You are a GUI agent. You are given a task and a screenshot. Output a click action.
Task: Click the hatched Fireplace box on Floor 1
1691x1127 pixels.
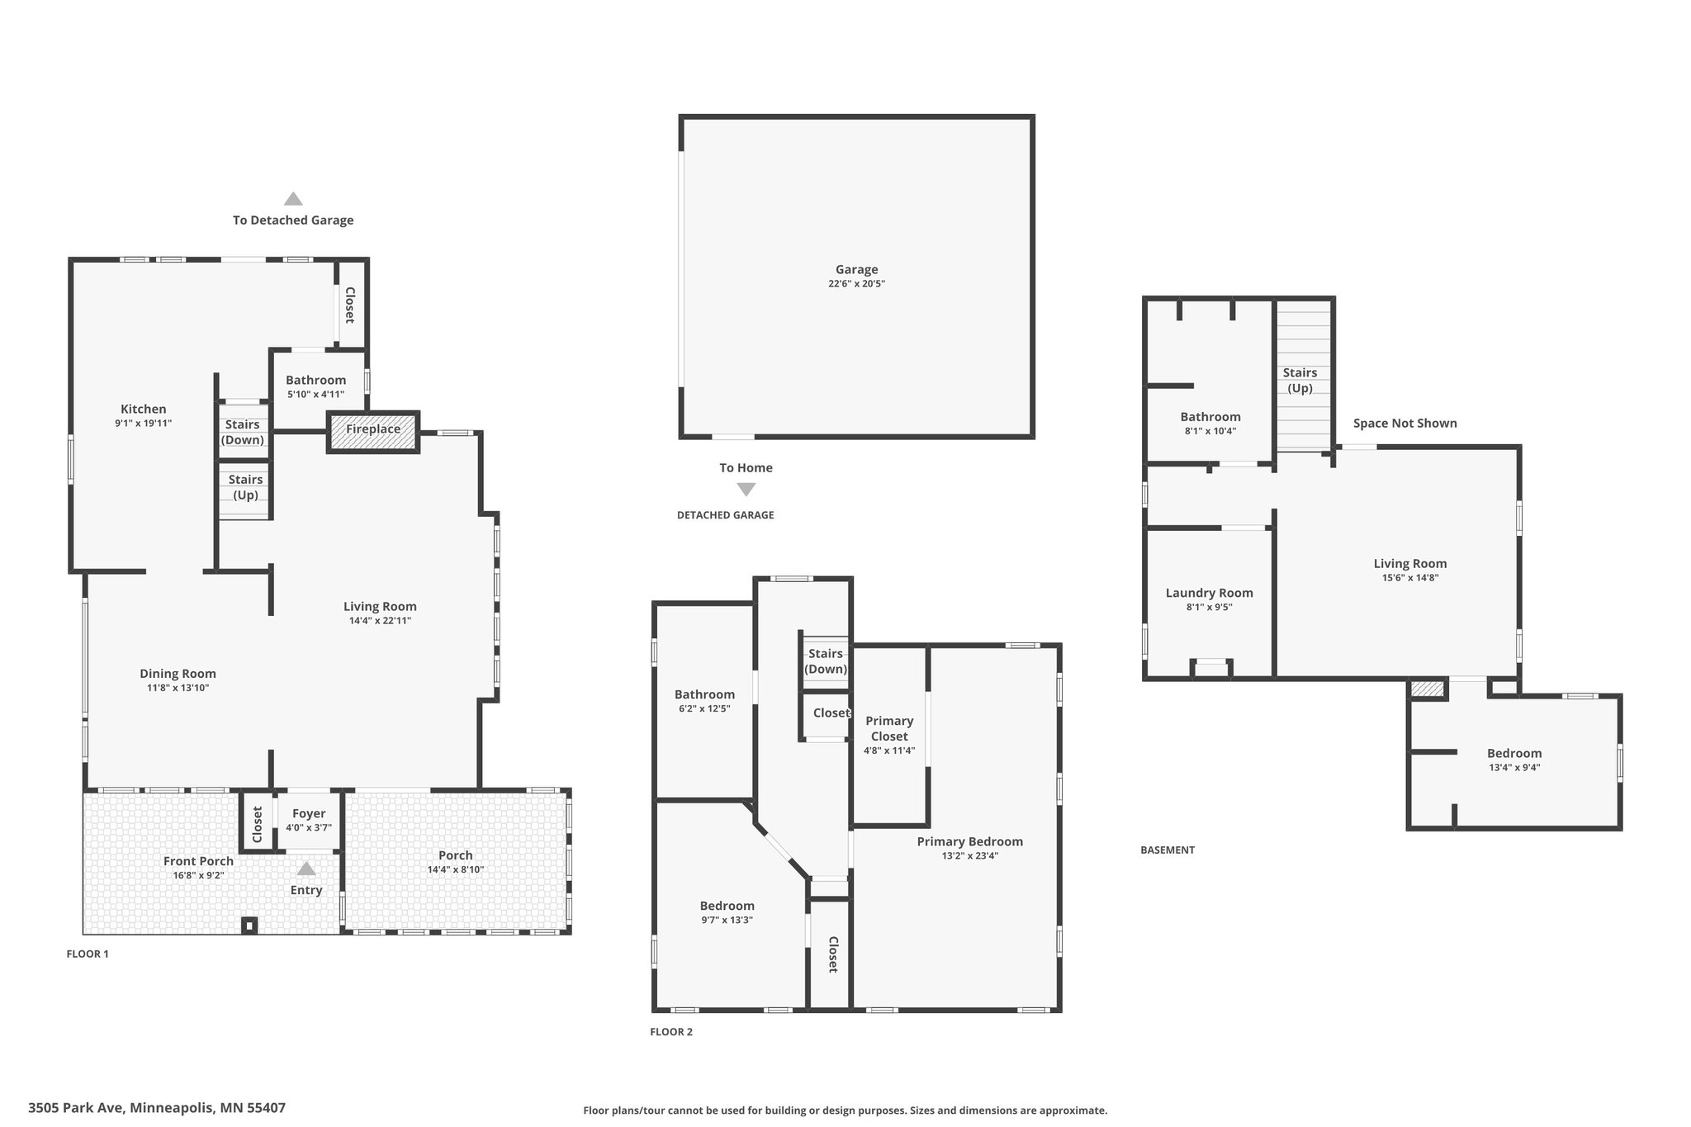pyautogui.click(x=373, y=431)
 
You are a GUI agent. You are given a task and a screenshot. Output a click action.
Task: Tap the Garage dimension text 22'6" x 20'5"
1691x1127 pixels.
pyautogui.click(x=856, y=284)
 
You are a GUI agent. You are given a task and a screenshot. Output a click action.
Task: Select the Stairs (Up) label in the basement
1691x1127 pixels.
pyautogui.click(x=1300, y=381)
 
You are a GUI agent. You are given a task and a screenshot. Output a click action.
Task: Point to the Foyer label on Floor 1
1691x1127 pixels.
pyautogui.click(x=309, y=814)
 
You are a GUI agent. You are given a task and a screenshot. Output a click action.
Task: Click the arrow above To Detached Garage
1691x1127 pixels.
pyautogui.click(x=293, y=199)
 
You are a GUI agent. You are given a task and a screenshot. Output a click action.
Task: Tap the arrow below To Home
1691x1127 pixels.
pyautogui.click(x=746, y=490)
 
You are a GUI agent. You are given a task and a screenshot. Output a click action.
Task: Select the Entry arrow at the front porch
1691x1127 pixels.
pyautogui.click(x=306, y=869)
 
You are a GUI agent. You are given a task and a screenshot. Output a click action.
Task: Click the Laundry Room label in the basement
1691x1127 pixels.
pyautogui.click(x=1209, y=593)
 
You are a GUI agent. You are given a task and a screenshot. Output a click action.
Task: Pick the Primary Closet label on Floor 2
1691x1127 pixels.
pyautogui.click(x=889, y=728)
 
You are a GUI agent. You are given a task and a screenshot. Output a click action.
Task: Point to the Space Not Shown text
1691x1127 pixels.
pyautogui.click(x=1404, y=424)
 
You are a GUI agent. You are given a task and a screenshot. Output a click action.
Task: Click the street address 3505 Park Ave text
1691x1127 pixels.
pyautogui.click(x=157, y=1108)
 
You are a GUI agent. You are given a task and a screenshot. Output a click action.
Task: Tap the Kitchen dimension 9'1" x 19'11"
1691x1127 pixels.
pyautogui.click(x=144, y=424)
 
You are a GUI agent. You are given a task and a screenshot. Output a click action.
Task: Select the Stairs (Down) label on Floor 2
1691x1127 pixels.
pyautogui.click(x=826, y=661)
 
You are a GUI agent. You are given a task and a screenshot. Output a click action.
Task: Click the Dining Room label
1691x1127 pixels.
pyautogui.click(x=178, y=674)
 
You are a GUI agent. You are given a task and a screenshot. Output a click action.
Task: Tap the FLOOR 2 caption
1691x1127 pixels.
pyautogui.click(x=671, y=1032)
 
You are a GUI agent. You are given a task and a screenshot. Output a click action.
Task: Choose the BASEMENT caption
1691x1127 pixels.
pyautogui.click(x=1167, y=850)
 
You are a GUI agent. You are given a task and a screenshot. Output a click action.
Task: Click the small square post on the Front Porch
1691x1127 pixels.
pyautogui.click(x=249, y=926)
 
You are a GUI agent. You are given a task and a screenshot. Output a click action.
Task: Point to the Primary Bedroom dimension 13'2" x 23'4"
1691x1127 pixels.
pyautogui.click(x=969, y=856)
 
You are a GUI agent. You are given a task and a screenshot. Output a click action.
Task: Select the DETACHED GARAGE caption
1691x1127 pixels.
pyautogui.click(x=725, y=515)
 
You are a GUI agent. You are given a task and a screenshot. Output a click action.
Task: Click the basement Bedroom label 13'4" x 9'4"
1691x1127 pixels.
pyautogui.click(x=1513, y=754)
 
